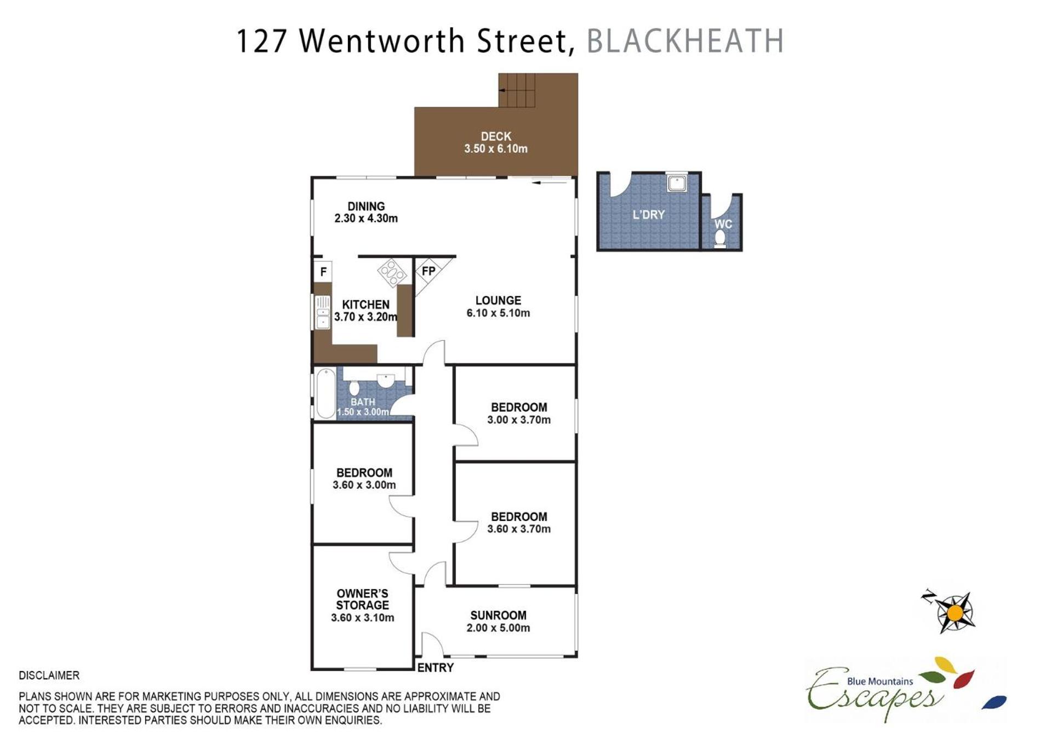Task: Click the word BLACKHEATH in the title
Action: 685,41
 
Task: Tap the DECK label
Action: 496,136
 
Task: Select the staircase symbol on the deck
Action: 517,90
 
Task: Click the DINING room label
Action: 366,207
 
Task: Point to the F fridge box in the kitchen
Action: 323,271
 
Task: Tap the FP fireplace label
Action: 428,271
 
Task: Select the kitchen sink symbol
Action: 323,312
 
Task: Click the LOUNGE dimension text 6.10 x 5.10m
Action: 498,313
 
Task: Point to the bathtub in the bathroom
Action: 325,393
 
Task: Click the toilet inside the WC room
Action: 720,239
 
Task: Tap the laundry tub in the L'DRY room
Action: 677,183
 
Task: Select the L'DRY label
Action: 649,215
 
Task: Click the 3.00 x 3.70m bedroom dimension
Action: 519,420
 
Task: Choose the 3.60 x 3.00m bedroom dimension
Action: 364,485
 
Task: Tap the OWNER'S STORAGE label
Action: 362,599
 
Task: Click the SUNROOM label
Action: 498,616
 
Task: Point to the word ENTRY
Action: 436,668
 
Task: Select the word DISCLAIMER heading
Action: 49,676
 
